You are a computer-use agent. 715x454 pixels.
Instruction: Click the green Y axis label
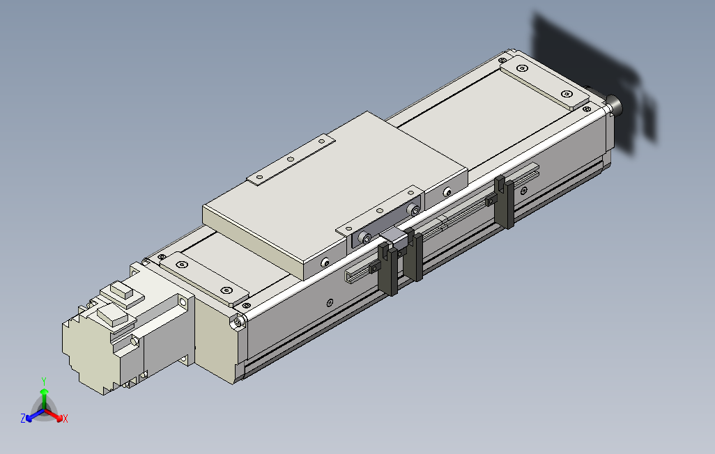pos(43,381)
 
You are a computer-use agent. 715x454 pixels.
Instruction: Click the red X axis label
pos(66,418)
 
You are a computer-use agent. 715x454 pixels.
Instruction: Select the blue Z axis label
pos(23,418)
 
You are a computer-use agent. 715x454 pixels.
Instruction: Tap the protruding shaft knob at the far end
pos(615,105)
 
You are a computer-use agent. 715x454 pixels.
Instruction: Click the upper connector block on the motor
pos(123,293)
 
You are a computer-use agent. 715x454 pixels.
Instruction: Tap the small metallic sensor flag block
pos(395,238)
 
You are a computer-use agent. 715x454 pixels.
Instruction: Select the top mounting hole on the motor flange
pos(183,302)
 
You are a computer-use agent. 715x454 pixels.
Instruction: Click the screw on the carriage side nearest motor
pos(325,263)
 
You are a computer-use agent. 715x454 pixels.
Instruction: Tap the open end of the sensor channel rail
pos(349,278)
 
